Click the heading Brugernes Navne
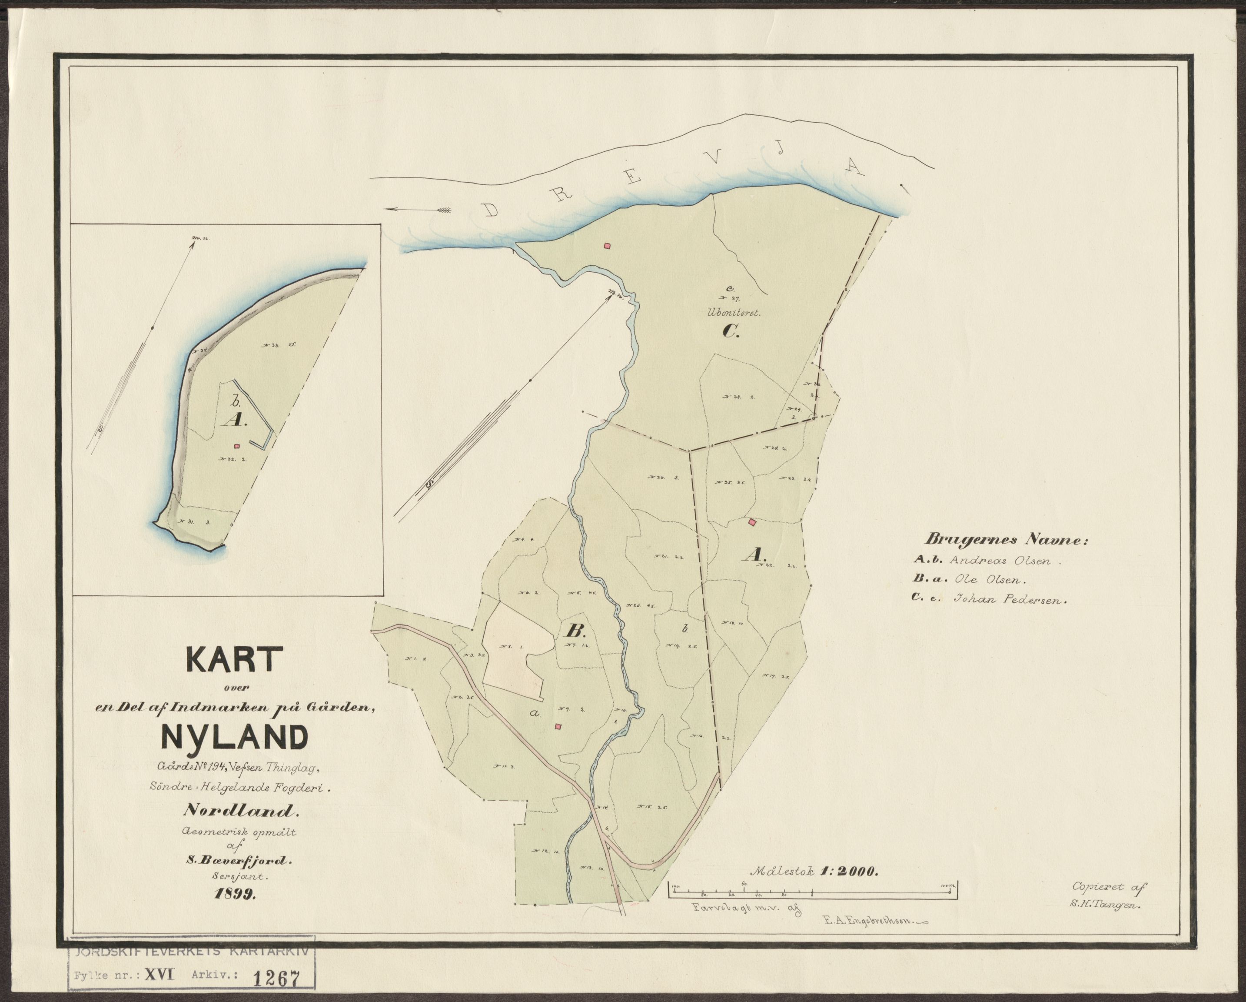1006,541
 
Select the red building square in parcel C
607,246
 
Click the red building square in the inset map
236,446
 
